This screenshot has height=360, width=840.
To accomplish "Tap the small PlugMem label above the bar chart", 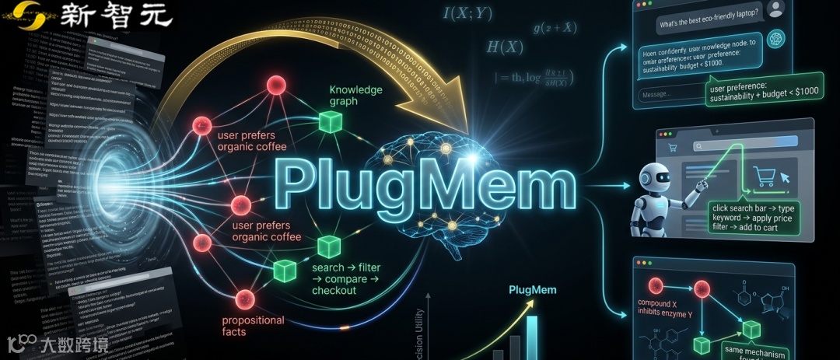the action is [530, 291].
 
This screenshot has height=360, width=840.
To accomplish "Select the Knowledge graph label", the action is [355, 96].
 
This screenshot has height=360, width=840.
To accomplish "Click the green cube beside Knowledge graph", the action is [330, 121].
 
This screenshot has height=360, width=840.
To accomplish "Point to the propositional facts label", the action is [254, 326].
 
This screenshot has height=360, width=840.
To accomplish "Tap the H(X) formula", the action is [505, 47].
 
